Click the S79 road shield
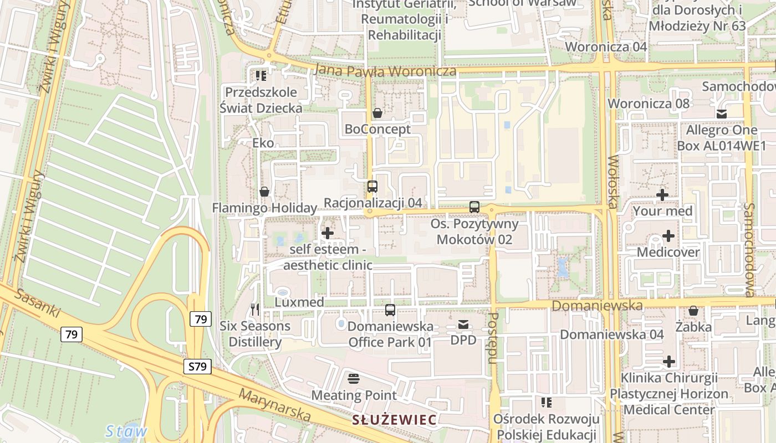coord(198,366)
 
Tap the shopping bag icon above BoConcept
coord(377,113)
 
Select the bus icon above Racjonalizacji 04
coord(372,187)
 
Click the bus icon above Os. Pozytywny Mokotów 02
coord(474,207)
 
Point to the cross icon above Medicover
coord(668,236)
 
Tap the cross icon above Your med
coord(662,195)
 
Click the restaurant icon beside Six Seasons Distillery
coord(255,310)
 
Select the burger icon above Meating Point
coord(354,379)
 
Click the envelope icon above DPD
coord(463,324)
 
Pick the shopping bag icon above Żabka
coord(693,311)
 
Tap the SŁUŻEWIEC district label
coord(394,419)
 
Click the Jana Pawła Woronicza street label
coord(385,71)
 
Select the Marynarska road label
coord(274,404)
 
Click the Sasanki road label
coord(38,302)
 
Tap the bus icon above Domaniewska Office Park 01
coord(390,310)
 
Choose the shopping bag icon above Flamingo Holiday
coord(264,192)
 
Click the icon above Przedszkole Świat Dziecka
coord(261,75)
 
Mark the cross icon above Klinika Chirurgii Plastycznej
coord(669,362)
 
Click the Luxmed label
coord(299,302)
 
